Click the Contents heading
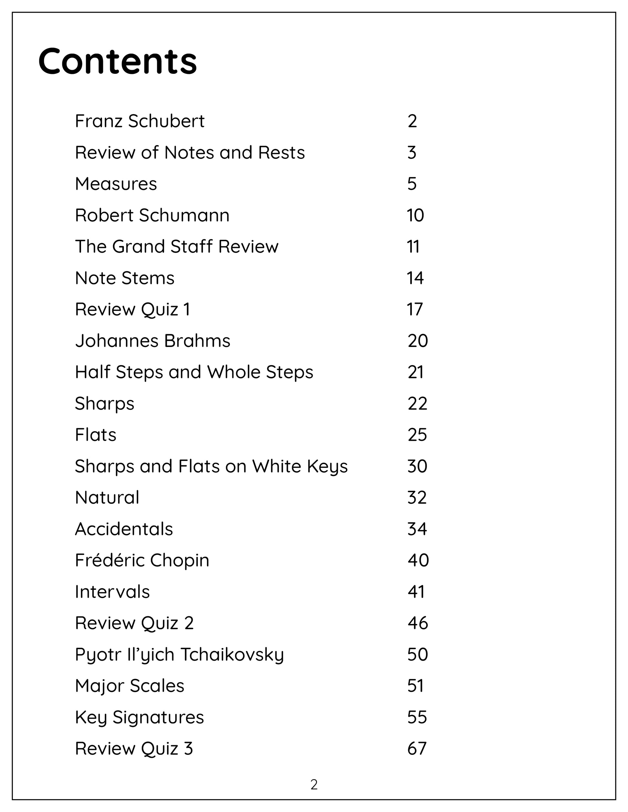coord(117,61)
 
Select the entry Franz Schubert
coord(139,121)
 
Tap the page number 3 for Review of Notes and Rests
coord(411,153)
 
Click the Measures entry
coord(116,184)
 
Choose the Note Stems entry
coord(124,278)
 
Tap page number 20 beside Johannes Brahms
coord(417,341)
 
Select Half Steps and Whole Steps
coord(194,372)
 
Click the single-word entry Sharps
coord(104,404)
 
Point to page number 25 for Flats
coord(417,435)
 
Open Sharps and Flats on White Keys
coord(211,467)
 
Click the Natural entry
coord(107,498)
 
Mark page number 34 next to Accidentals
coord(417,529)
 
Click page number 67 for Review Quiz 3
coord(417,749)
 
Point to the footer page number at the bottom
coord(314,785)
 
